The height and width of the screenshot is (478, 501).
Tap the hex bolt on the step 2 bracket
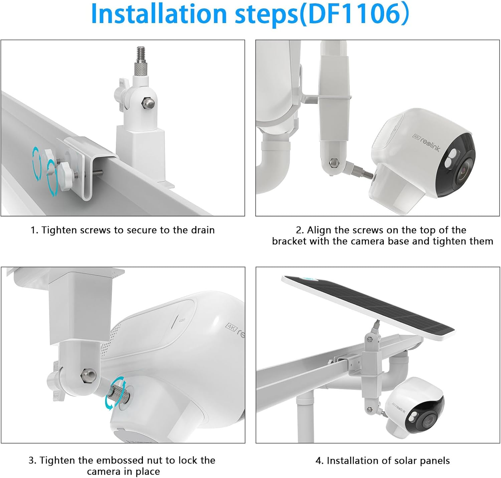point(333,163)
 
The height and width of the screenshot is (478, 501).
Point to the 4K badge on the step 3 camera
point(231,327)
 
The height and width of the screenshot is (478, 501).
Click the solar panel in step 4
point(367,305)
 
